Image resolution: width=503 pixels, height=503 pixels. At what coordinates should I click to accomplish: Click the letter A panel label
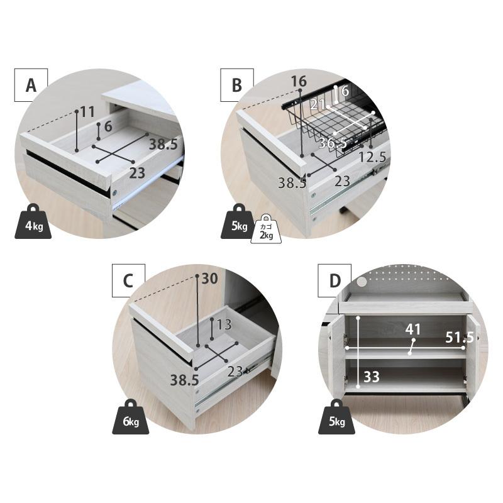pyautogui.click(x=31, y=85)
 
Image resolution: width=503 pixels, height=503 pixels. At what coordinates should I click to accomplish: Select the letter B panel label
pyautogui.click(x=237, y=85)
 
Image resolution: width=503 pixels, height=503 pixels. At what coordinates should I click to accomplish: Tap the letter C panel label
pyautogui.click(x=128, y=280)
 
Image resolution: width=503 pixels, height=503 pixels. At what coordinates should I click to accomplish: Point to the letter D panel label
pyautogui.click(x=334, y=280)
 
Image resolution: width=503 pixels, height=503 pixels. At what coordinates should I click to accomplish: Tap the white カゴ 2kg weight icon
pyautogui.click(x=266, y=229)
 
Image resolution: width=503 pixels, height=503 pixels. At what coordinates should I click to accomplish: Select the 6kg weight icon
pyautogui.click(x=131, y=417)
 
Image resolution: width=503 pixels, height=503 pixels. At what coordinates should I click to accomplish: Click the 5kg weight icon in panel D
pyautogui.click(x=337, y=417)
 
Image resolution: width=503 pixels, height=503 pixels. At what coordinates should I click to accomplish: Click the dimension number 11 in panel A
pyautogui.click(x=87, y=112)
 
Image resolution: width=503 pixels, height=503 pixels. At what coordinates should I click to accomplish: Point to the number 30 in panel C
pyautogui.click(x=210, y=279)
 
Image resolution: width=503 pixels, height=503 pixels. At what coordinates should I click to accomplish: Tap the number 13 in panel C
pyautogui.click(x=224, y=324)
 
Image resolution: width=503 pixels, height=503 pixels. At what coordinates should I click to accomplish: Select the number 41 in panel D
pyautogui.click(x=413, y=329)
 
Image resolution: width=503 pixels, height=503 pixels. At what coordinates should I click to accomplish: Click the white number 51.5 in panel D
pyautogui.click(x=460, y=338)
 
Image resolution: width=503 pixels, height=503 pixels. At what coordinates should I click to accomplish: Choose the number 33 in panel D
pyautogui.click(x=372, y=377)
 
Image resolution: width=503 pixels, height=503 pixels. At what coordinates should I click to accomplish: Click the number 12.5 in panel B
pyautogui.click(x=372, y=157)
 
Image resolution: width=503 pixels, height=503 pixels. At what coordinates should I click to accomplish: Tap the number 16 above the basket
pyautogui.click(x=299, y=82)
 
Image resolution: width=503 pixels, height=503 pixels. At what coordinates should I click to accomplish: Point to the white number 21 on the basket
pyautogui.click(x=318, y=104)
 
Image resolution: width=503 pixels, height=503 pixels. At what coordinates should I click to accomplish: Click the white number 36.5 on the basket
pyautogui.click(x=333, y=143)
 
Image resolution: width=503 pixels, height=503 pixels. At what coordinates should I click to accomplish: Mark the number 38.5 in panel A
pyautogui.click(x=163, y=145)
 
